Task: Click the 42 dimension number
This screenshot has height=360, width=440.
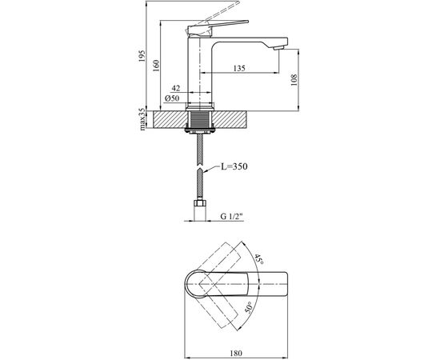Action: [x=176, y=89]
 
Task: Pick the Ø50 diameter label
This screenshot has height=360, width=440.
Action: [x=171, y=98]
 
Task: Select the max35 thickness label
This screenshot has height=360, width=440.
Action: [x=142, y=118]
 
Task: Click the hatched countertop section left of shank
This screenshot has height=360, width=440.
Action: [x=168, y=118]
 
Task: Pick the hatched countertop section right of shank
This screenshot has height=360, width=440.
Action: [x=232, y=118]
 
